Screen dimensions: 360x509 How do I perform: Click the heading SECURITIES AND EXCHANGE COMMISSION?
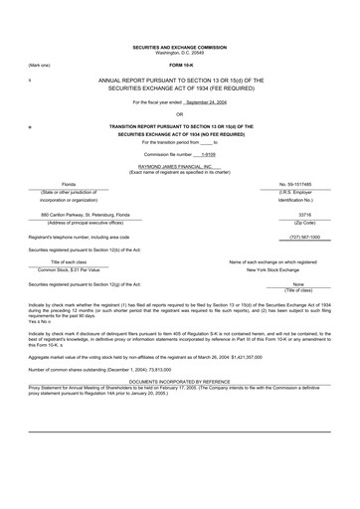pyautogui.click(x=180, y=47)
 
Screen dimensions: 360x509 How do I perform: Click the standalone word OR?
pyautogui.click(x=180, y=114)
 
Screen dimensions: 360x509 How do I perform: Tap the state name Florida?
pyautogui.click(x=69, y=185)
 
